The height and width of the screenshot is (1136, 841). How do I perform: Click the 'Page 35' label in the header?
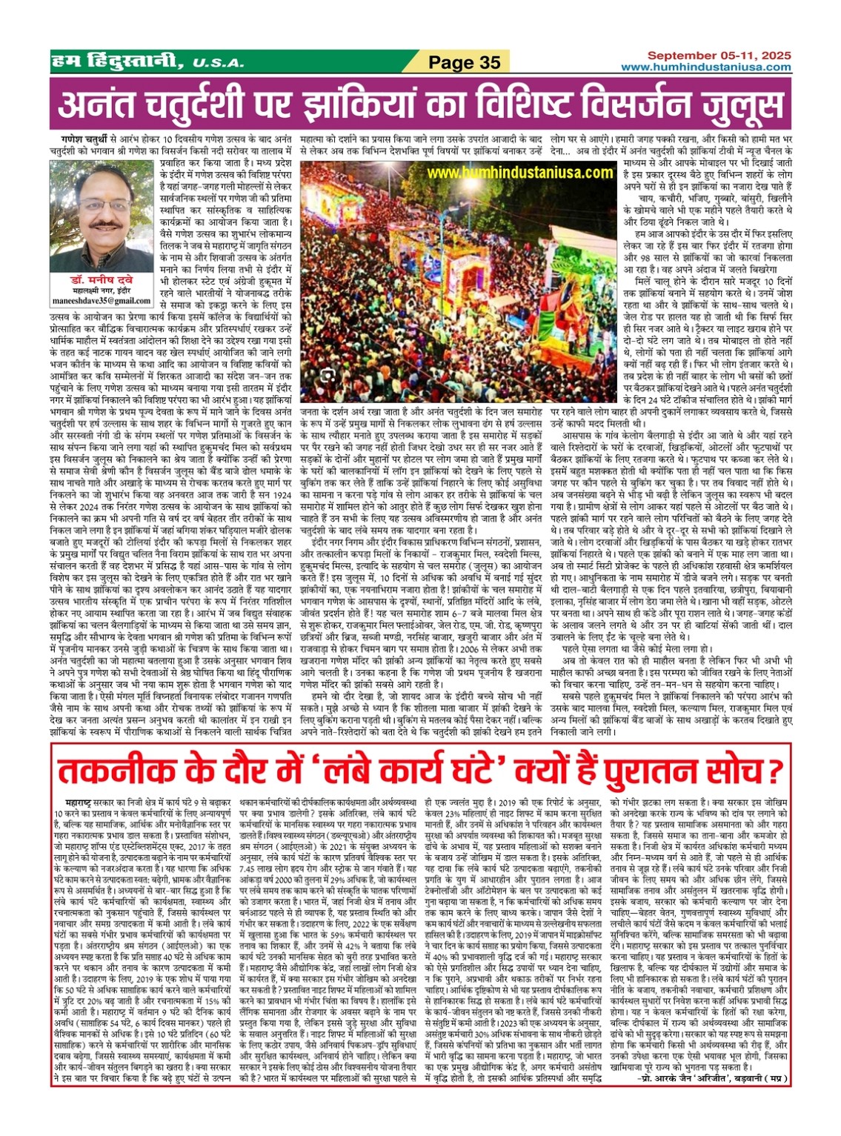tap(465, 62)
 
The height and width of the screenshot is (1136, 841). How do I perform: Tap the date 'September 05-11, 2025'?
tap(719, 56)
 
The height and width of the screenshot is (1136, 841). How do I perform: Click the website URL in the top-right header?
tap(705, 67)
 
